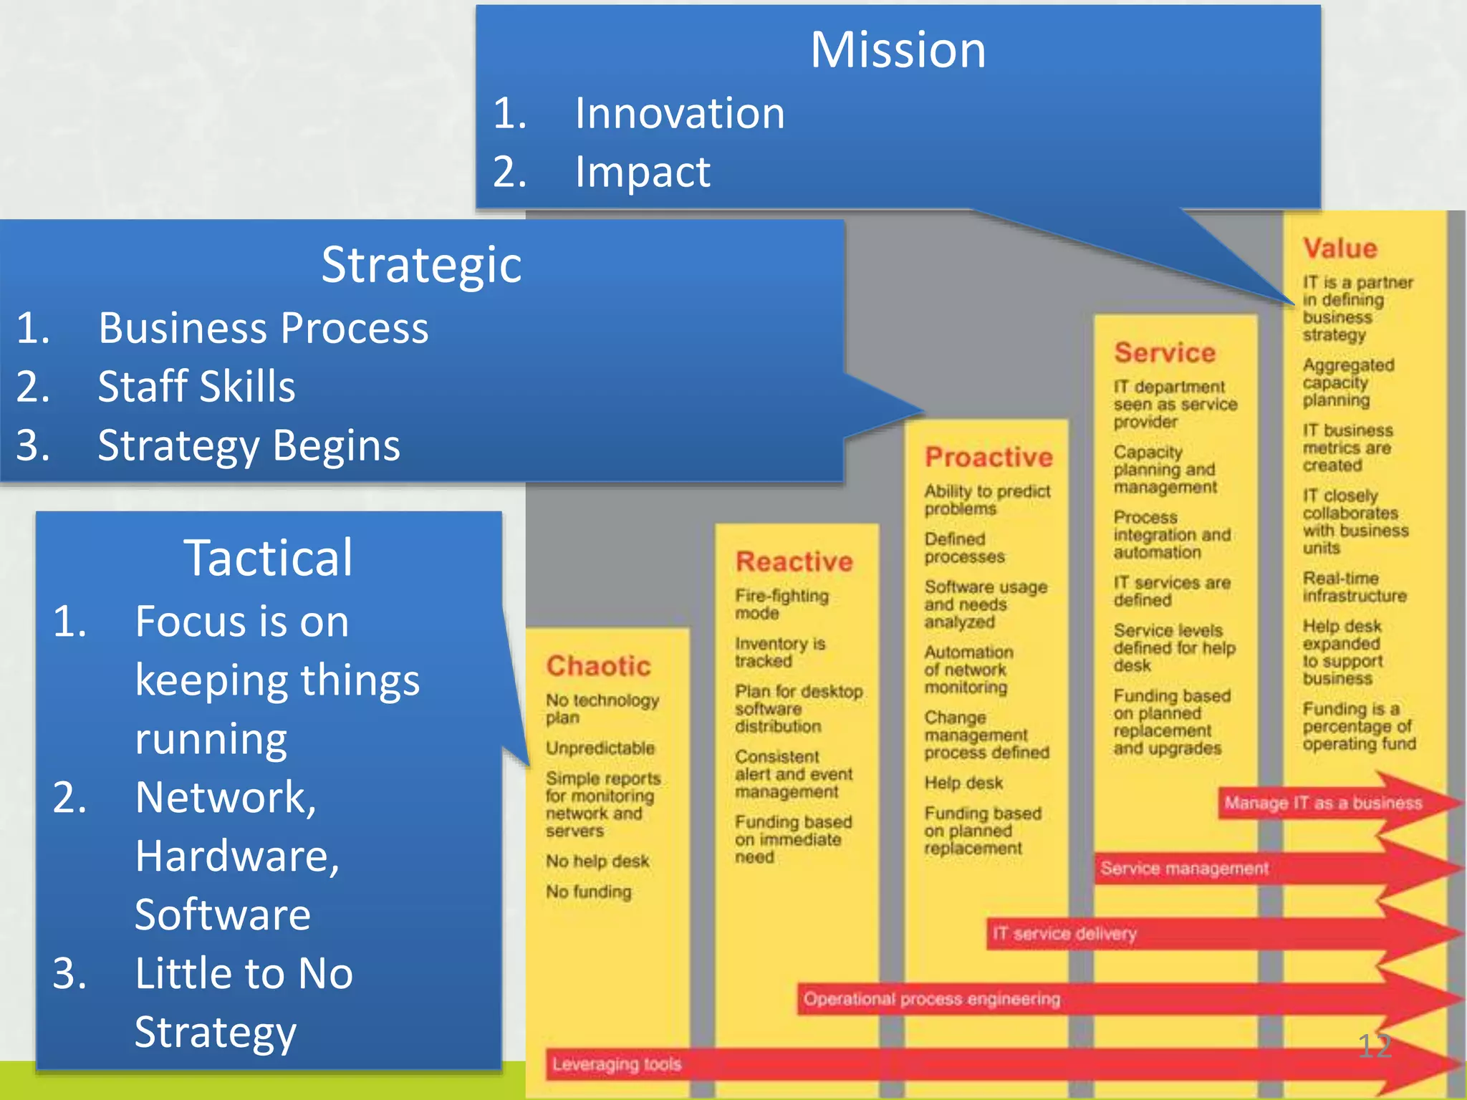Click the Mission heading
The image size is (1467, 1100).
coord(898,50)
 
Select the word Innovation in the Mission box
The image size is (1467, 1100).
coord(679,113)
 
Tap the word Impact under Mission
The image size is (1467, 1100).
coord(642,172)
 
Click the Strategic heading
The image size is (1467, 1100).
coord(421,264)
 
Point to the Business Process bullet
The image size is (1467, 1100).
coord(263,328)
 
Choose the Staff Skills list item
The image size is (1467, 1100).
coord(196,387)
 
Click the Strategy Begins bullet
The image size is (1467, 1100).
coord(249,445)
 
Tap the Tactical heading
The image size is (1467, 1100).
coord(268,557)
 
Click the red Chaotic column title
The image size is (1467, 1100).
coord(598,666)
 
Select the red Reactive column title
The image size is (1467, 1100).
coord(794,561)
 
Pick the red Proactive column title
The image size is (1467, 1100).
coord(989,457)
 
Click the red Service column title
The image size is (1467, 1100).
coord(1165,352)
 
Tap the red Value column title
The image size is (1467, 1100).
coord(1339,249)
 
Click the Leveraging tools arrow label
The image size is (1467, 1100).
coord(616,1064)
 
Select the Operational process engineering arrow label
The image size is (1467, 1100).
coord(931,999)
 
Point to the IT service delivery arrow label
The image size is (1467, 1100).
coord(1064,934)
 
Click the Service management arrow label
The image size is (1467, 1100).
coord(1184,869)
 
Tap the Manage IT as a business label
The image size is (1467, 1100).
coord(1322,803)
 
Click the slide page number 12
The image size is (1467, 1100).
coord(1374,1047)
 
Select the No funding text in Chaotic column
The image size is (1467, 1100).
coord(588,892)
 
